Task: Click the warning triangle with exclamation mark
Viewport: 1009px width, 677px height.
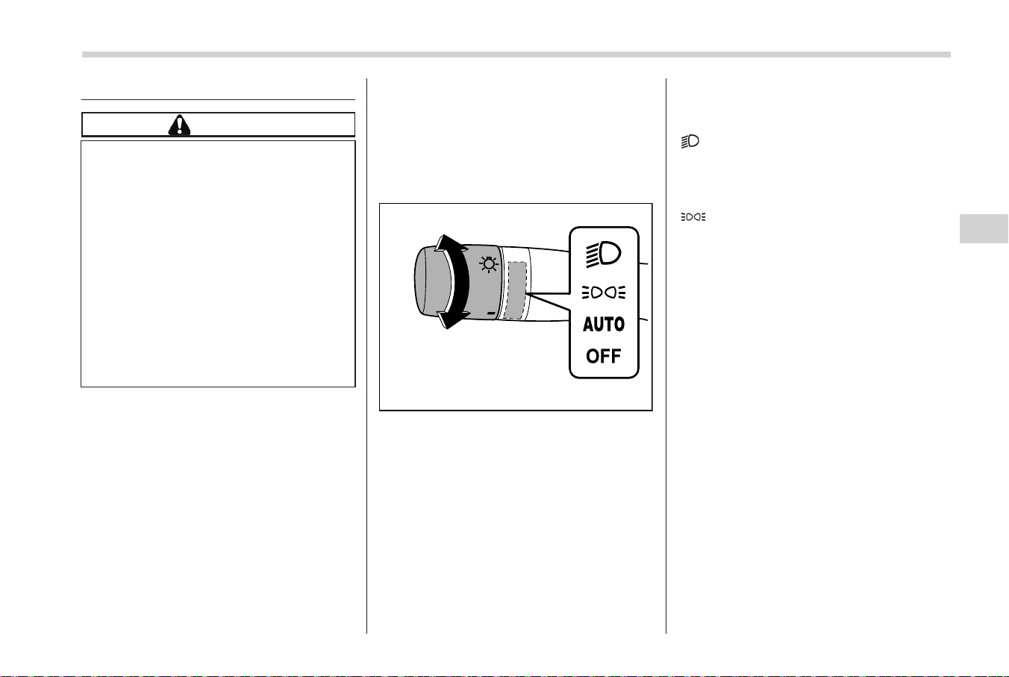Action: pos(179,125)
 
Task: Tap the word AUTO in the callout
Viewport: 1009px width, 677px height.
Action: pos(604,324)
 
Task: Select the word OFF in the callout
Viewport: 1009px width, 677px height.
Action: pos(604,356)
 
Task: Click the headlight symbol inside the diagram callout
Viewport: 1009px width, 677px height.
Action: pos(603,255)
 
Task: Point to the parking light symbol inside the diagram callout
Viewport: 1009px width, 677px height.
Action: pos(604,293)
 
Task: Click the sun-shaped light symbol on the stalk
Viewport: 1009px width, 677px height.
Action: pos(489,264)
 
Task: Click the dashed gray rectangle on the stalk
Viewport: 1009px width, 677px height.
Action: pos(515,290)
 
